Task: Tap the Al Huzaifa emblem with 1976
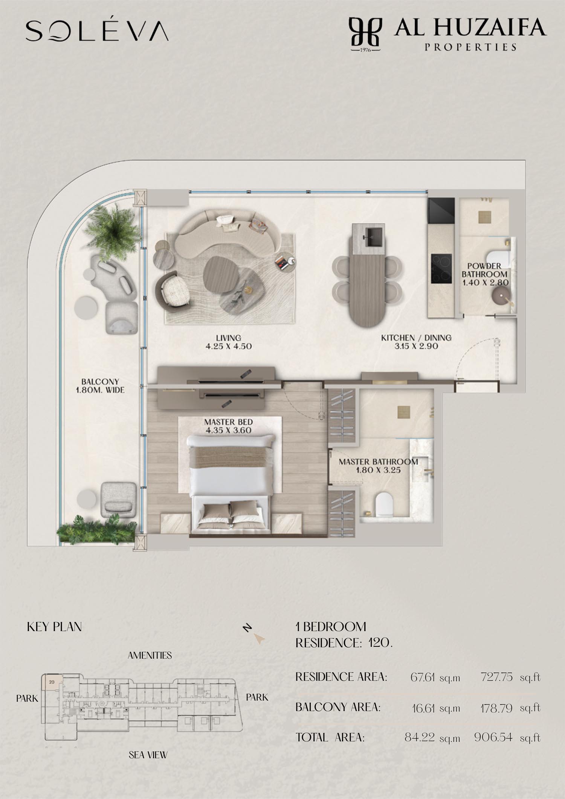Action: pyautogui.click(x=365, y=34)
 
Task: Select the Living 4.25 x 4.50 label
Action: pyautogui.click(x=229, y=342)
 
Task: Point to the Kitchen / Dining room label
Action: pyautogui.click(x=416, y=342)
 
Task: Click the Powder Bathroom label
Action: pyautogui.click(x=485, y=274)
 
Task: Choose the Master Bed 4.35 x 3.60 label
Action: pyautogui.click(x=228, y=426)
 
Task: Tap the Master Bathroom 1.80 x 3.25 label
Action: pyautogui.click(x=378, y=466)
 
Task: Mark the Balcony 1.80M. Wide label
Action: pyautogui.click(x=100, y=386)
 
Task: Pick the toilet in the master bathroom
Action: pyautogui.click(x=384, y=504)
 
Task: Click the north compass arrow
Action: pyautogui.click(x=260, y=639)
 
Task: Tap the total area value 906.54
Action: pyautogui.click(x=493, y=737)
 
